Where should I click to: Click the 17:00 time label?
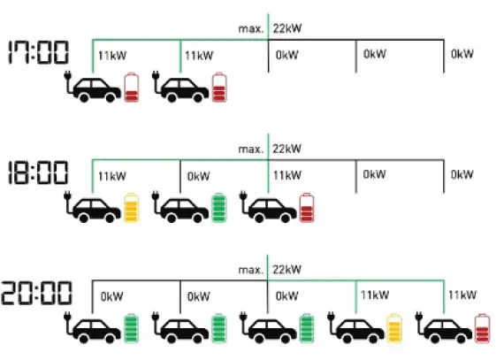click(x=38, y=52)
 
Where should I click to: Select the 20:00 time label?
click(x=40, y=293)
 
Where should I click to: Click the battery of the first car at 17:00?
click(x=132, y=87)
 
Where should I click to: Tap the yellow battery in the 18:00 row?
click(x=132, y=207)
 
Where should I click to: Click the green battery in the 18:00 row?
click(x=219, y=207)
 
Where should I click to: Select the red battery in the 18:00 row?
click(x=307, y=207)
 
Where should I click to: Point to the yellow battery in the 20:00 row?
click(x=395, y=328)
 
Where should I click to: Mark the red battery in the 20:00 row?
click(x=483, y=328)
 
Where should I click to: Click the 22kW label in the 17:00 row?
click(x=287, y=28)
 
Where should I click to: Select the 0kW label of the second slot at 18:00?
click(x=199, y=175)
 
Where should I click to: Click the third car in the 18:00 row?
click(x=273, y=209)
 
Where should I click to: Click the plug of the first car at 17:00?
click(x=67, y=81)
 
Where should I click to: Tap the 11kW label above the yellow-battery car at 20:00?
click(x=376, y=296)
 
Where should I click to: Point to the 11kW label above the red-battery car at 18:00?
click(x=287, y=175)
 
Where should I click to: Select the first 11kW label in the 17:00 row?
click(x=111, y=55)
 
